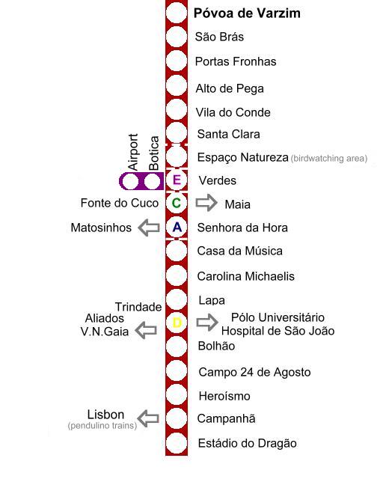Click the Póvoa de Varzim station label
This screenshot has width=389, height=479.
point(247,13)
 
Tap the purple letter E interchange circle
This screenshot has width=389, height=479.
point(177,180)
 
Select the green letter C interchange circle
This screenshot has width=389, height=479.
point(177,203)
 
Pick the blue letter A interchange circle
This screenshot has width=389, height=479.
point(177,227)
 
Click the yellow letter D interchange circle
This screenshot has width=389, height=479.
point(177,323)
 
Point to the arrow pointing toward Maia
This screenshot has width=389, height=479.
point(206,203)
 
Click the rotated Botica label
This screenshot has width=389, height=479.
point(153,153)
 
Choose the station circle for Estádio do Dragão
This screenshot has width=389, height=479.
point(177,442)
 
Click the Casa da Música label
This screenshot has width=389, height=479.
point(239,251)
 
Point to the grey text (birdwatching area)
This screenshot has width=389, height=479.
point(329,158)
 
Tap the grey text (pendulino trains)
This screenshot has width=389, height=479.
point(102,426)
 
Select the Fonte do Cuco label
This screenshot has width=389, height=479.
point(120,203)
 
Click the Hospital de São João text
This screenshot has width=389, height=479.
point(278,331)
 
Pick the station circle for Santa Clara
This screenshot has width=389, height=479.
point(177,133)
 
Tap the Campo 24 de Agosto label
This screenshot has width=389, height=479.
point(254,372)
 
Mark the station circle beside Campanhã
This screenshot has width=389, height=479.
point(177,418)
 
